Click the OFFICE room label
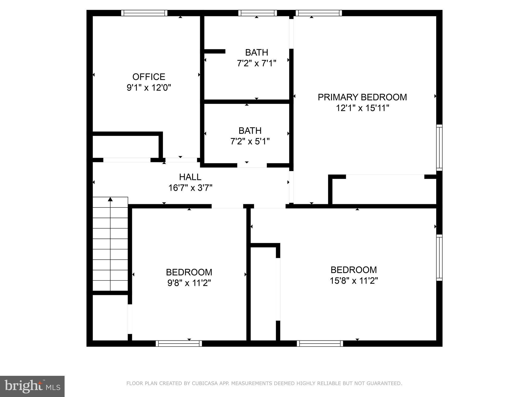point(149,77)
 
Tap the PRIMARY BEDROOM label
point(362,97)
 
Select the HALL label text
point(190,177)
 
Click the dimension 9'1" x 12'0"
point(149,88)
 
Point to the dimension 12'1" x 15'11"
point(362,108)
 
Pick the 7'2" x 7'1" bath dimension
point(256,63)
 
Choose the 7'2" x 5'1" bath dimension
point(250,141)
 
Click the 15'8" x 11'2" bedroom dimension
point(354,281)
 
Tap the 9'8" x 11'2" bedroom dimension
point(189,283)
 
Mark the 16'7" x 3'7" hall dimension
point(190,188)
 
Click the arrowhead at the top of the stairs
point(110,199)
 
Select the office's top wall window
point(144,13)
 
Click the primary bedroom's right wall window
point(439,148)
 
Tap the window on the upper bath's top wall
point(257,13)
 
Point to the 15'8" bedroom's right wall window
point(439,257)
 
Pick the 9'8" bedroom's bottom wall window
point(179,343)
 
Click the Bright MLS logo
point(32,386)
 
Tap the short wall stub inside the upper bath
point(214,51)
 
